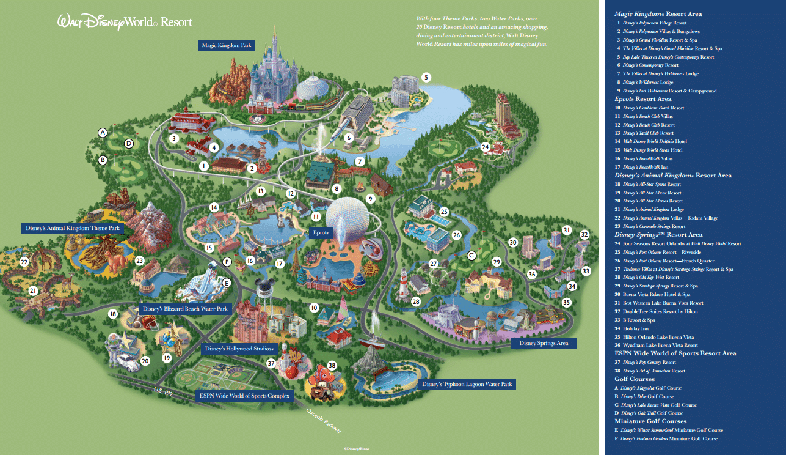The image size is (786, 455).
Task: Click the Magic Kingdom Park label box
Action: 227,45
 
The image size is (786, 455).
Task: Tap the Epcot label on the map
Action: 321,233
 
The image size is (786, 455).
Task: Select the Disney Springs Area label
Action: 544,343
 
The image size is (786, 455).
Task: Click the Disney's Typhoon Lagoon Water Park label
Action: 467,385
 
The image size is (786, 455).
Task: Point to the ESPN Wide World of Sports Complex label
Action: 244,396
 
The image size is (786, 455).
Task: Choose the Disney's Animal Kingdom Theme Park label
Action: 73,228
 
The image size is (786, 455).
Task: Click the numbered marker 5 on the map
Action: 426,77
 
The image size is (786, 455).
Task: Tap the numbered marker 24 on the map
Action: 486,147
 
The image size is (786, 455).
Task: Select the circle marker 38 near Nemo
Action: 332,365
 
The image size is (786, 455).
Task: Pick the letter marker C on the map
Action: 471,255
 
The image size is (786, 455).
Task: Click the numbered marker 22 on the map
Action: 24,262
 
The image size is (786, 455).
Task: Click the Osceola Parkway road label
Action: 323,420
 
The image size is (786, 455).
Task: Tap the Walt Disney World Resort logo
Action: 125,22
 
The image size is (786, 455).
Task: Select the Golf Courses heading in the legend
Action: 634,379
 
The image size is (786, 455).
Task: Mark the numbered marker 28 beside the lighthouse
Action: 417,301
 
